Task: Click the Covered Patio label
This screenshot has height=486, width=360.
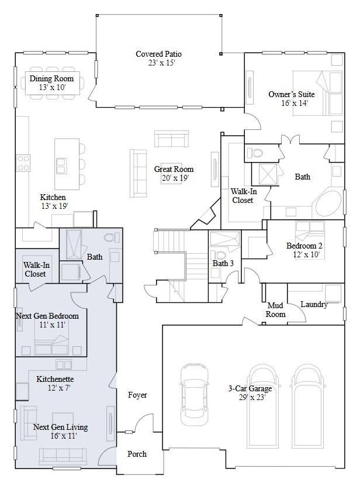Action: pyautogui.click(x=159, y=54)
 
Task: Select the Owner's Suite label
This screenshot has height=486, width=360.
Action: pyautogui.click(x=291, y=94)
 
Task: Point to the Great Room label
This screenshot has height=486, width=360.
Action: pyautogui.click(x=171, y=169)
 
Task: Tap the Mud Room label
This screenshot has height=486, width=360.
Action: pyautogui.click(x=276, y=310)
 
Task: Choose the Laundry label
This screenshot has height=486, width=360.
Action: pyautogui.click(x=313, y=305)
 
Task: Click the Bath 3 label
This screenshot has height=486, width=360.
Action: pyautogui.click(x=223, y=264)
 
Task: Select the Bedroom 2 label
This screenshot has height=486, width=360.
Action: pyautogui.click(x=304, y=246)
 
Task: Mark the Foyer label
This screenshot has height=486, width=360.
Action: pyautogui.click(x=137, y=395)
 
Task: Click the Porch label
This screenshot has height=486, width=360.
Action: pyautogui.click(x=137, y=454)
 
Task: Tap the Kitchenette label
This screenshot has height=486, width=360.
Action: pyautogui.click(x=55, y=379)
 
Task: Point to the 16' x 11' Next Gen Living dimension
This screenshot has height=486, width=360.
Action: pyautogui.click(x=60, y=436)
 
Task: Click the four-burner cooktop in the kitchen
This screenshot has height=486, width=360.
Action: pyautogui.click(x=23, y=162)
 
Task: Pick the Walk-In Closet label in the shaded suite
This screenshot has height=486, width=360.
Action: pyautogui.click(x=35, y=269)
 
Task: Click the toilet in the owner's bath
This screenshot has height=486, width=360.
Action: pyautogui.click(x=255, y=153)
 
